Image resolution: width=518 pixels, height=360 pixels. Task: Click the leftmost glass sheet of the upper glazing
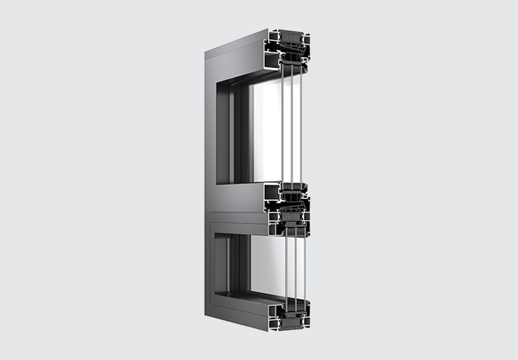coord(282,123)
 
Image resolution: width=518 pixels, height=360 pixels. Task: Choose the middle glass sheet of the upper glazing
coord(292,123)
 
